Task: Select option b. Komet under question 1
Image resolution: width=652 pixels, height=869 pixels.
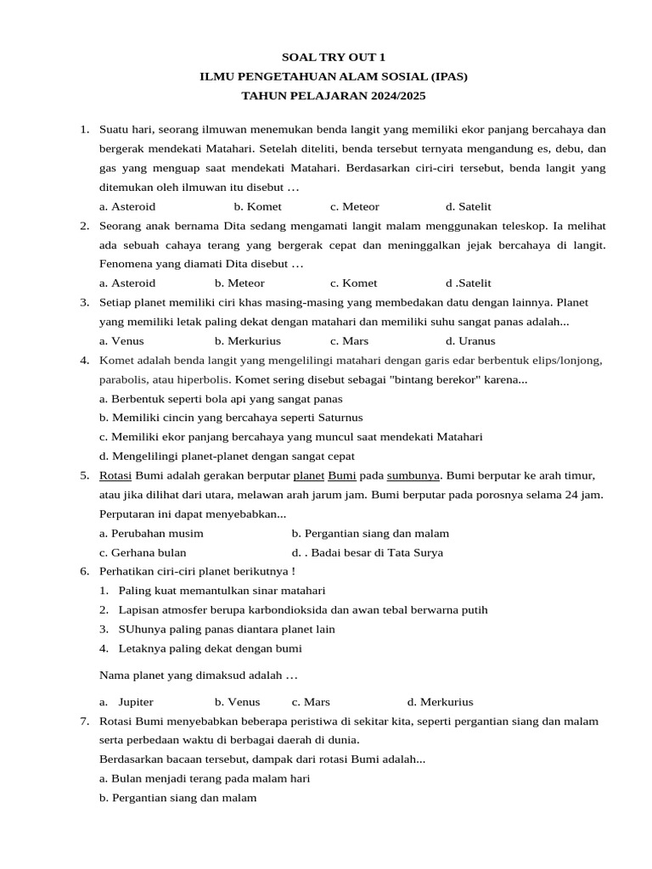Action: coord(257,206)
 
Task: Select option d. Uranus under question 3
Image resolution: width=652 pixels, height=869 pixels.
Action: coord(469,340)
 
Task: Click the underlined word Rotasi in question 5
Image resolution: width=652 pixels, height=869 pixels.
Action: coord(115,475)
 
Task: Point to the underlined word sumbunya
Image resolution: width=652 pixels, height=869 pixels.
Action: coord(416,475)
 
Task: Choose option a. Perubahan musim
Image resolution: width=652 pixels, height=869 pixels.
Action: coord(151,533)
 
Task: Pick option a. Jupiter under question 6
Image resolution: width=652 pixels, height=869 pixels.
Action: coord(126,702)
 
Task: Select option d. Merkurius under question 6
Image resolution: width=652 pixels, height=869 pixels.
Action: coord(440,702)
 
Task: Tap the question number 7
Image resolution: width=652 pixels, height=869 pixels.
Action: coord(84,720)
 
